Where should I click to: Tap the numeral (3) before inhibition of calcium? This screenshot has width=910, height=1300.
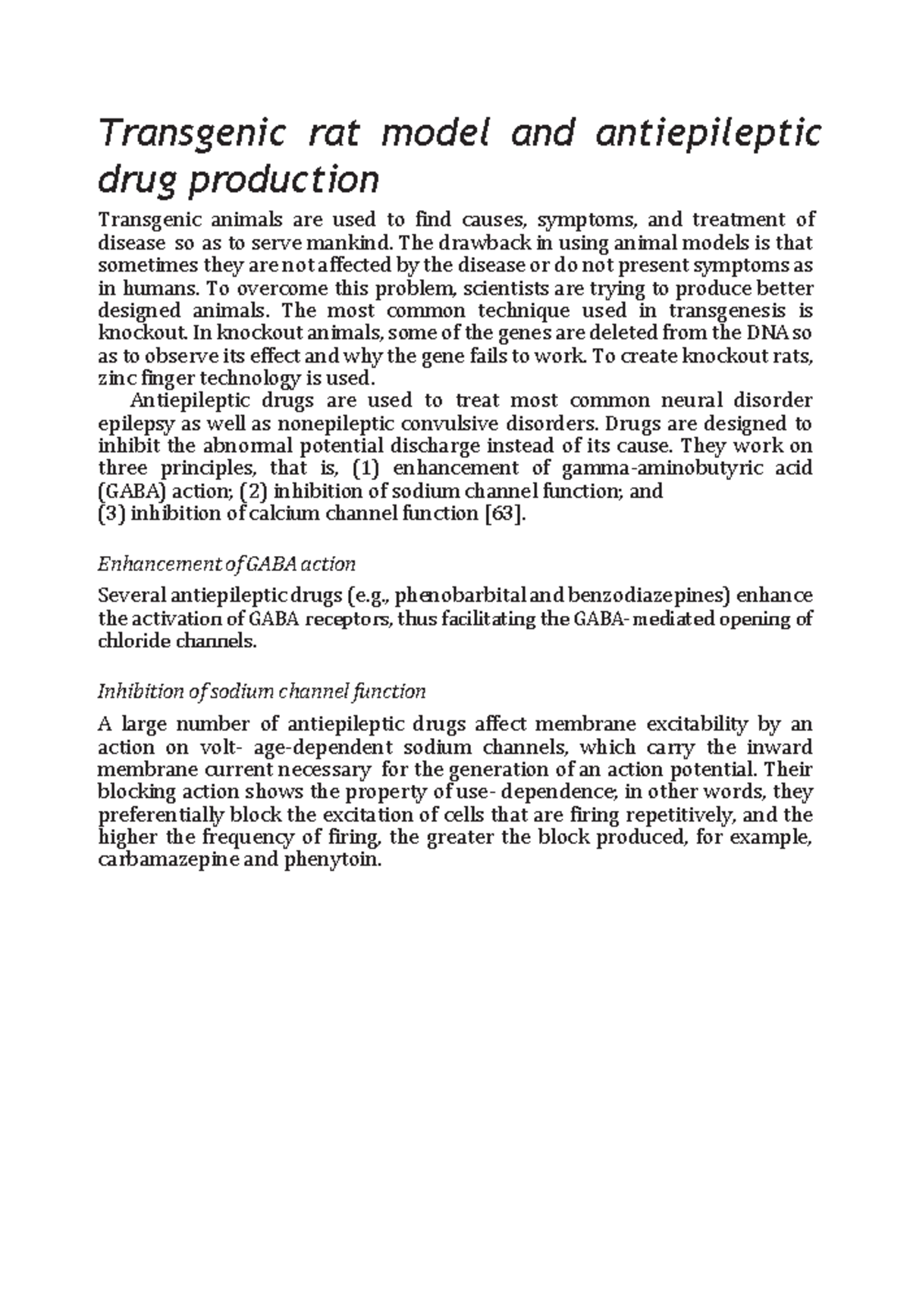[113, 513]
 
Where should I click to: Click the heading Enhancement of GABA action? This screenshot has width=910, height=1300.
[227, 564]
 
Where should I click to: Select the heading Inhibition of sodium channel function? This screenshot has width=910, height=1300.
[262, 692]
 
